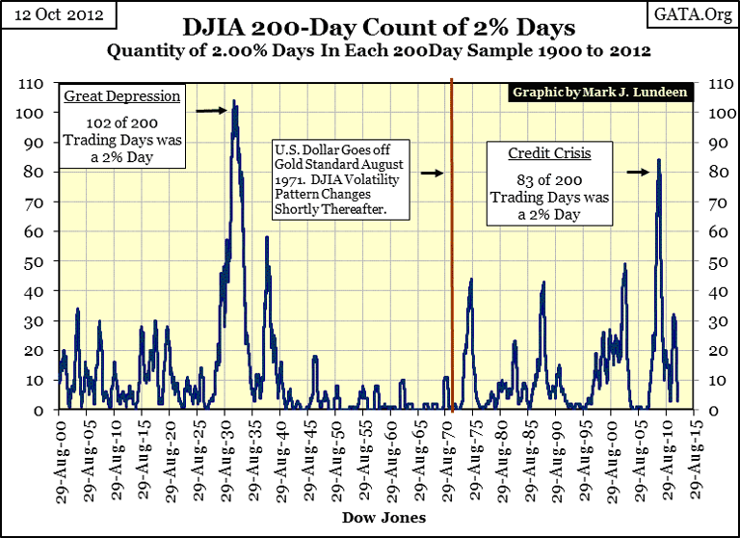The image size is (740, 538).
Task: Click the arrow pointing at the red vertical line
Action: (431, 174)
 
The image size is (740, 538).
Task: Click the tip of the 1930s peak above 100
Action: (233, 101)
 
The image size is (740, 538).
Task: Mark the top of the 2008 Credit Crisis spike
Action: (658, 160)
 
